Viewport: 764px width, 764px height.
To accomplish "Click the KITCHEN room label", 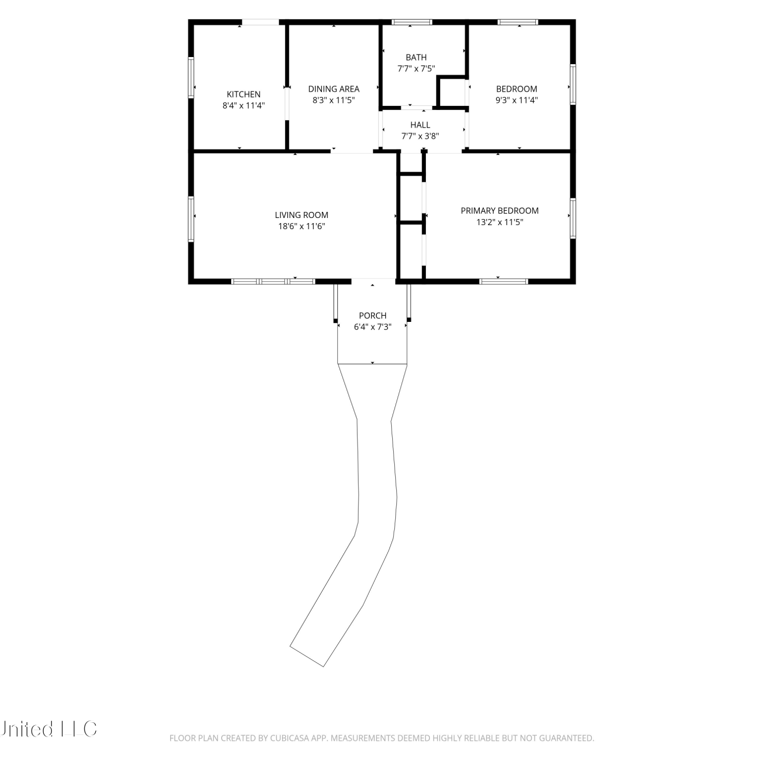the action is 243,94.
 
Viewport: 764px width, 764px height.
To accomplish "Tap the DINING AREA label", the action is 334,89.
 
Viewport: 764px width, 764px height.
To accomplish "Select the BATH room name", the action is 416,58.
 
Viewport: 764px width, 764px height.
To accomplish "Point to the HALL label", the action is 420,125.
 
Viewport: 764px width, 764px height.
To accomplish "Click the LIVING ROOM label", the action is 302,215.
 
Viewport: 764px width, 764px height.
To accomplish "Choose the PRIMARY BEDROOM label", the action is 500,210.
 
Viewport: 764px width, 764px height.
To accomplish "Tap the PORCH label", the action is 373,315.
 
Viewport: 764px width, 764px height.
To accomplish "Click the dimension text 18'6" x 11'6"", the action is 302,226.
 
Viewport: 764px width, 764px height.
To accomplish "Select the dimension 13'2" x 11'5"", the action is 500,222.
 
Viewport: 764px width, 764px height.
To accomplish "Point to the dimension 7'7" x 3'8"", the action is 420,136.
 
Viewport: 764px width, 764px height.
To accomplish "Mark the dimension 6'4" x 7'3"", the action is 373,326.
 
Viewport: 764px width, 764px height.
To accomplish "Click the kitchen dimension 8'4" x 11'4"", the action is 243,105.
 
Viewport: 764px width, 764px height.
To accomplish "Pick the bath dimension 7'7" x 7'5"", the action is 416,69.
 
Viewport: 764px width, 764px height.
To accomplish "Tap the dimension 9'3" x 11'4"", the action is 516,100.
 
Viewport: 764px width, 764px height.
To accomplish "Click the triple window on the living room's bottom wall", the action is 273,281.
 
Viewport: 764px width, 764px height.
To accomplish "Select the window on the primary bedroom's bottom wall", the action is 504,281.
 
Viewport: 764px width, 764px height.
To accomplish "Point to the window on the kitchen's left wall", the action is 191,77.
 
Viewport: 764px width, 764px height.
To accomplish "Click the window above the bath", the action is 412,22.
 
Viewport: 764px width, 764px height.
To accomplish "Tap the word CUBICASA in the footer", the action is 289,738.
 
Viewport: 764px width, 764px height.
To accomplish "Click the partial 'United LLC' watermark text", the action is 48,729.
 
